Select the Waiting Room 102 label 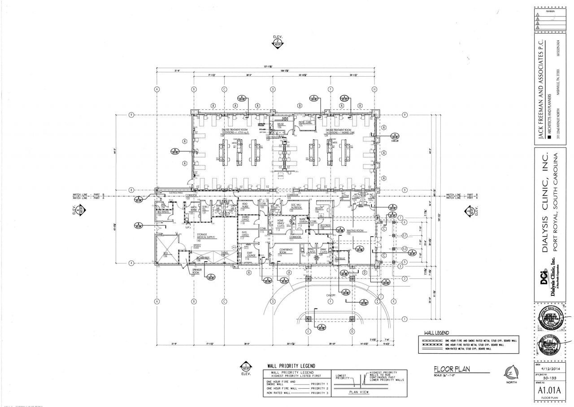point(354,231)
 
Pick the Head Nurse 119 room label point(245,206)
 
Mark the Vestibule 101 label point(340,260)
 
